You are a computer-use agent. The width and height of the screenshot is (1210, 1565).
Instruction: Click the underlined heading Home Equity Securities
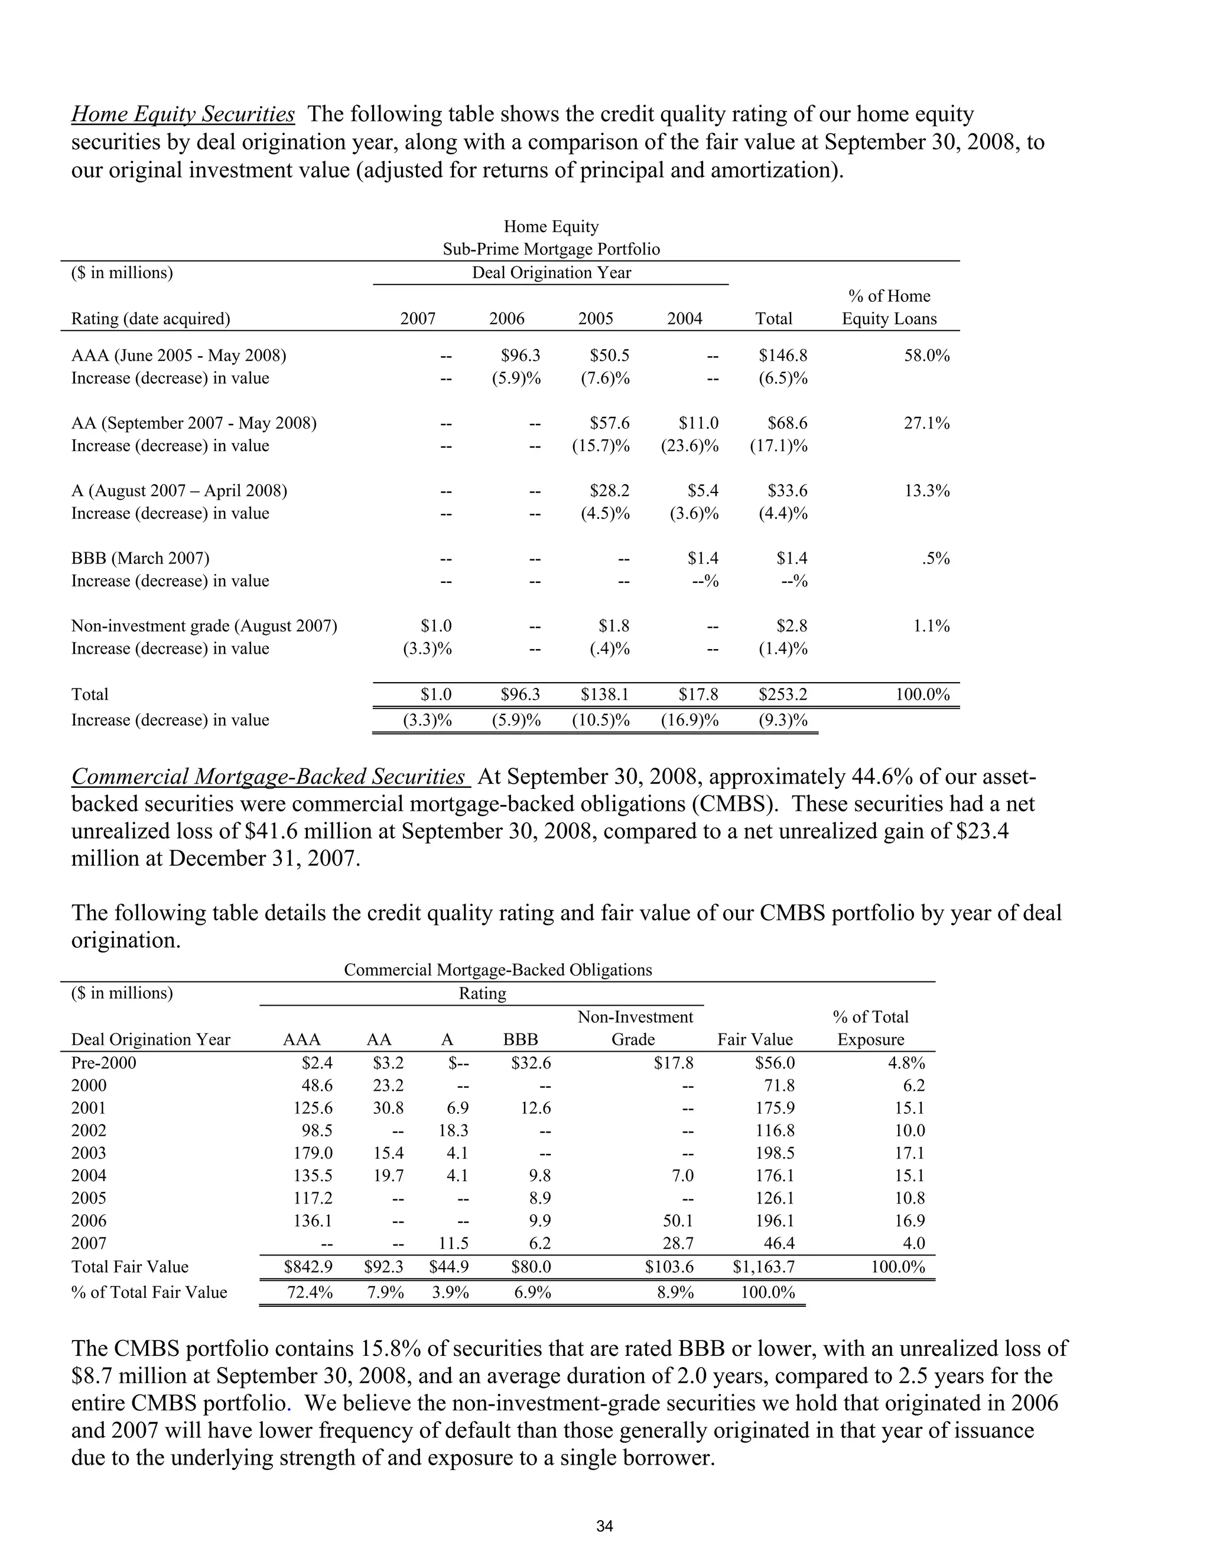[183, 115]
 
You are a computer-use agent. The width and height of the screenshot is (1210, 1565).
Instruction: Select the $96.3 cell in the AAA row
[521, 356]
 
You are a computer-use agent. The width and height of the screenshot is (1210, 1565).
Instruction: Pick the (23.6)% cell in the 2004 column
[689, 446]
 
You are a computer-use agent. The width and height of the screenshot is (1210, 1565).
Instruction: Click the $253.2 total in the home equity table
[783, 695]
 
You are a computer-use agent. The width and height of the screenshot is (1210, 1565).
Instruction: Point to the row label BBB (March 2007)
[141, 558]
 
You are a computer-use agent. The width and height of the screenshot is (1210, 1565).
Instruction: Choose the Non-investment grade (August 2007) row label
[204, 626]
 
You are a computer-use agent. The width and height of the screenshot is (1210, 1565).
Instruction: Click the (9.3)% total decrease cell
[783, 720]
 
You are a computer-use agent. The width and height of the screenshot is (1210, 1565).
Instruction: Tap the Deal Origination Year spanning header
[551, 273]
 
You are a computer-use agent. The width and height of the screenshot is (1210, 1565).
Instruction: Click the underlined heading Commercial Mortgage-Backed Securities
[269, 777]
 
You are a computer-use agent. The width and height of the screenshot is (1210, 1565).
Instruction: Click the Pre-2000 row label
[103, 1062]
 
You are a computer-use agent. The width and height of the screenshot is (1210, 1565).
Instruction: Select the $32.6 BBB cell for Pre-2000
[531, 1062]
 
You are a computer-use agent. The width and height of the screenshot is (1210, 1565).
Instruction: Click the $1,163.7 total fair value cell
[763, 1267]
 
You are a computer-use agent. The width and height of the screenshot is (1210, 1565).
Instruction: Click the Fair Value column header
[755, 1040]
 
